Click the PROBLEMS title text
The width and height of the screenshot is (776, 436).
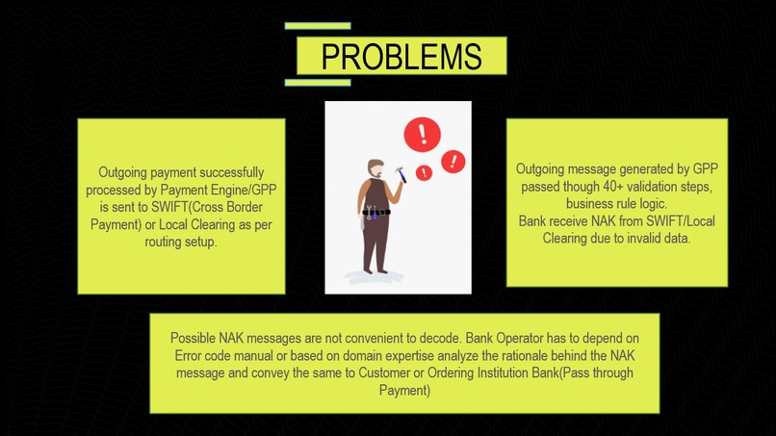[401, 57]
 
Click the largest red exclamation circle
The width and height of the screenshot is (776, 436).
[422, 135]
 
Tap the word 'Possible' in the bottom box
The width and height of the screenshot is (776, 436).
[195, 339]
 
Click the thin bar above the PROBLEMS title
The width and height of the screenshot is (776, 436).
[318, 26]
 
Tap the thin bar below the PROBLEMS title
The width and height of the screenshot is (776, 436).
[318, 82]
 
